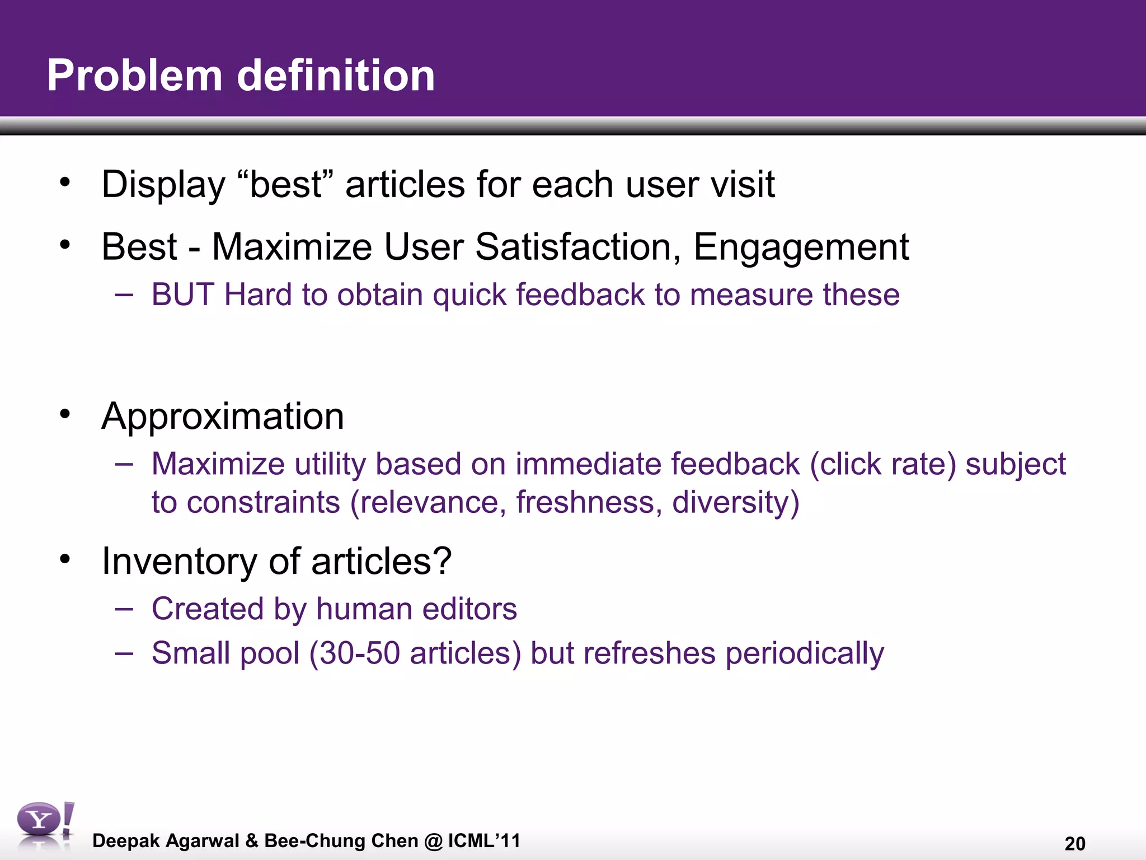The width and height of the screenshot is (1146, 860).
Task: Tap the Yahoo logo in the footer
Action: pos(44,825)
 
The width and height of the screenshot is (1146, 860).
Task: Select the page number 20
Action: pos(1074,843)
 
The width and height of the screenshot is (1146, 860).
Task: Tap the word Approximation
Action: pos(223,417)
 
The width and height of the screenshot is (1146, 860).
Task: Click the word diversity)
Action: pos(735,502)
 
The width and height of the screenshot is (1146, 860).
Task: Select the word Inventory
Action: pos(179,561)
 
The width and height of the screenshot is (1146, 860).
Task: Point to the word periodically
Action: pos(804,654)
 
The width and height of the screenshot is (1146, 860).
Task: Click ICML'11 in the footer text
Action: pos(484,840)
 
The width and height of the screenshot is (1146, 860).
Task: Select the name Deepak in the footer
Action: pos(126,841)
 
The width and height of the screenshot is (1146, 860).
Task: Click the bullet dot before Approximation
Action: pos(65,414)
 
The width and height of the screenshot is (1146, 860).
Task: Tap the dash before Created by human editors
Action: pos(124,609)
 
